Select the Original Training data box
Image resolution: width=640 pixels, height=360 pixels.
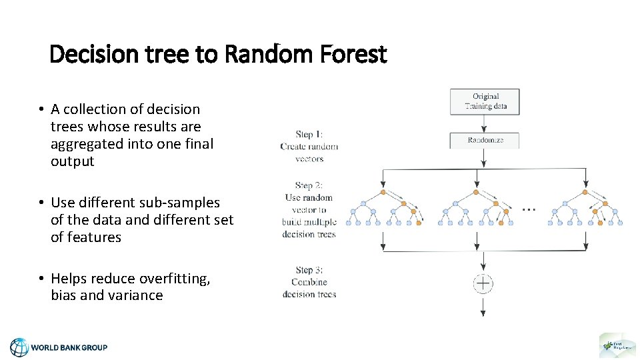(485, 101)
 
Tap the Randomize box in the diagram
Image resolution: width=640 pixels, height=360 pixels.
(485, 140)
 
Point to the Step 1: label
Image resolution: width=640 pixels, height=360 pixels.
(309, 135)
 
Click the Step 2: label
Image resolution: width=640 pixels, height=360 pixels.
(309, 185)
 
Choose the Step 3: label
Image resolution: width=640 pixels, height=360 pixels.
(309, 270)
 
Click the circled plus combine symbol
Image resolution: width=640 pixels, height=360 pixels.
(483, 283)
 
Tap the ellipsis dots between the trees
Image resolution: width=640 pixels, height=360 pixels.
(528, 209)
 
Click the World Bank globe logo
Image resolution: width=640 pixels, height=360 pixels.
(19, 347)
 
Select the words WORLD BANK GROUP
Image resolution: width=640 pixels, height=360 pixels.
(69, 347)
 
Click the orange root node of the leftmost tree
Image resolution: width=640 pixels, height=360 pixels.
(383, 192)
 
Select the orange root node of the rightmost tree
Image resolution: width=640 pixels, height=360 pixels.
(585, 192)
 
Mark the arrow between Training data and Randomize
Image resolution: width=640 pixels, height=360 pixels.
(485, 123)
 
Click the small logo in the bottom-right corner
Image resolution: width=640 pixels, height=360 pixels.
(617, 345)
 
